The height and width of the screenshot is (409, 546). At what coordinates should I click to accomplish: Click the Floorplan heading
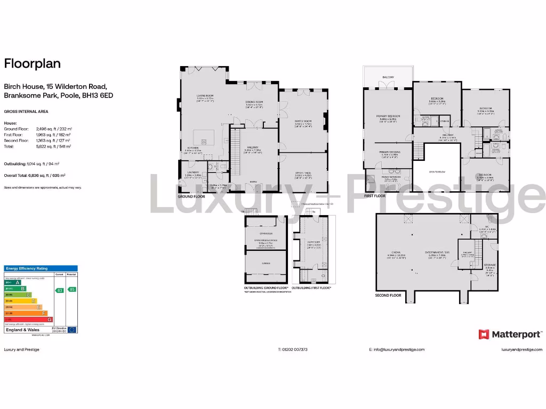click(33, 64)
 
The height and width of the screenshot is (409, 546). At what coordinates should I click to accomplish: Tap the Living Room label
click(205, 96)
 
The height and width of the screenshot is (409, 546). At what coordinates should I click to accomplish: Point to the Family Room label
click(303, 121)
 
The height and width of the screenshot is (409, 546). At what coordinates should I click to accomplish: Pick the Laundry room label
click(192, 172)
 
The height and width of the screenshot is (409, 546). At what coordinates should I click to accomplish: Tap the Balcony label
click(389, 78)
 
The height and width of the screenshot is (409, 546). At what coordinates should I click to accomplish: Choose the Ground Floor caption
click(191, 196)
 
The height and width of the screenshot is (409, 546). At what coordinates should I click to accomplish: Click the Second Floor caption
click(389, 295)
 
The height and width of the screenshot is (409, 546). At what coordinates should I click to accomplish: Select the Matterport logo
click(511, 334)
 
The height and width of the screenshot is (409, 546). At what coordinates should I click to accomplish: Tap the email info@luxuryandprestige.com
click(397, 349)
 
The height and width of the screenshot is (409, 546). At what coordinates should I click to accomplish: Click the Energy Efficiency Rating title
click(27, 268)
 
